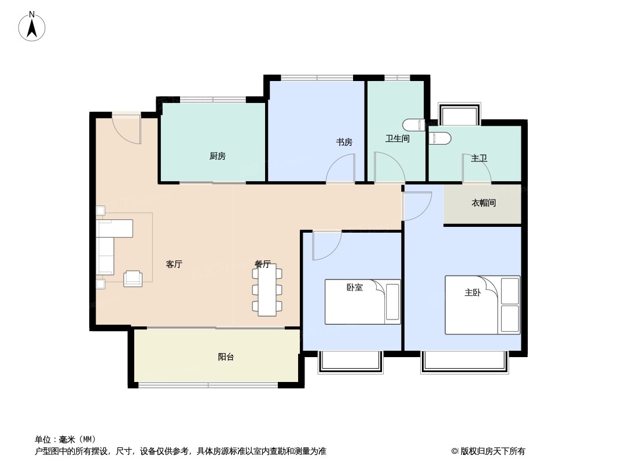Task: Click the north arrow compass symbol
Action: pyautogui.click(x=32, y=27)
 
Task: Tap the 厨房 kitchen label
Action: pyautogui.click(x=218, y=156)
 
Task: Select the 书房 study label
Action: pyautogui.click(x=344, y=142)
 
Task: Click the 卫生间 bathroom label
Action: pyautogui.click(x=398, y=139)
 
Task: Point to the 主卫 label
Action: pyautogui.click(x=479, y=158)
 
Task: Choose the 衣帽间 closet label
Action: pyautogui.click(x=483, y=203)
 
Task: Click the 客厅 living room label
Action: pyautogui.click(x=174, y=264)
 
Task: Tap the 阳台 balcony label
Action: pyautogui.click(x=226, y=357)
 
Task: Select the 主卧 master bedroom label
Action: pyautogui.click(x=473, y=293)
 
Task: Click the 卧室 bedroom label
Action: pyautogui.click(x=355, y=287)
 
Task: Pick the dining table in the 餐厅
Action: pyautogui.click(x=267, y=290)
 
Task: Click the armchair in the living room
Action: pyautogui.click(x=133, y=278)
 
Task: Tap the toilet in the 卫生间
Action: pyautogui.click(x=413, y=125)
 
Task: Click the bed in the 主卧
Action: pyautogui.click(x=482, y=305)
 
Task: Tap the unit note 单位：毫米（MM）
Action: pyautogui.click(x=65, y=439)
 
